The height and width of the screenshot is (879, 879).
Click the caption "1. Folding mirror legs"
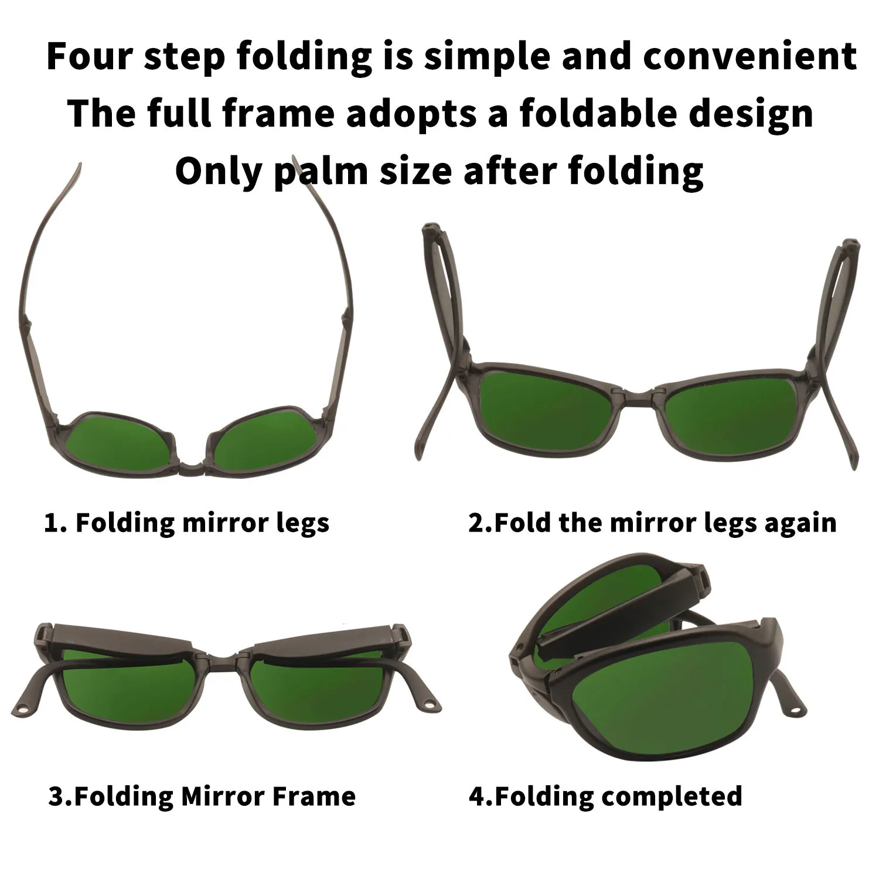(187, 522)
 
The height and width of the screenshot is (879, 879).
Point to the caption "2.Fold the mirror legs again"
(652, 522)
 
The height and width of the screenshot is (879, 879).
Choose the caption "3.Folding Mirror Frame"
(202, 796)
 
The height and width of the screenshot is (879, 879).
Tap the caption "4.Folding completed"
(605, 796)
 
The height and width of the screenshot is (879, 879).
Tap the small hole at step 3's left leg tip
(24, 710)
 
